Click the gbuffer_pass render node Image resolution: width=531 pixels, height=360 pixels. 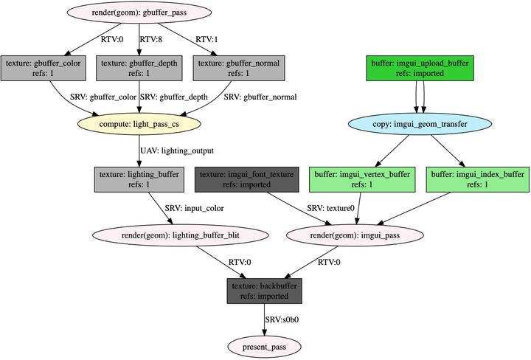(139, 13)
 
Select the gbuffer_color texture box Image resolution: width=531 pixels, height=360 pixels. (43, 68)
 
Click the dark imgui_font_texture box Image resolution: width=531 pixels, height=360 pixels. (246, 179)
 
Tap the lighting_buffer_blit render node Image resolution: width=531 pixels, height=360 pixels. (177, 235)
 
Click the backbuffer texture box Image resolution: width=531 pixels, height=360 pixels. (265, 291)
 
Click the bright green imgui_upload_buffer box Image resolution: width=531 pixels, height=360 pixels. (420, 68)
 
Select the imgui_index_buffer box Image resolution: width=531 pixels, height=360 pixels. (477, 179)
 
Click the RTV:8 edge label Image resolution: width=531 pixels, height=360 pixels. (150, 40)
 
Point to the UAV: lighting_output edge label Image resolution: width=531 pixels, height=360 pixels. (177, 151)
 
